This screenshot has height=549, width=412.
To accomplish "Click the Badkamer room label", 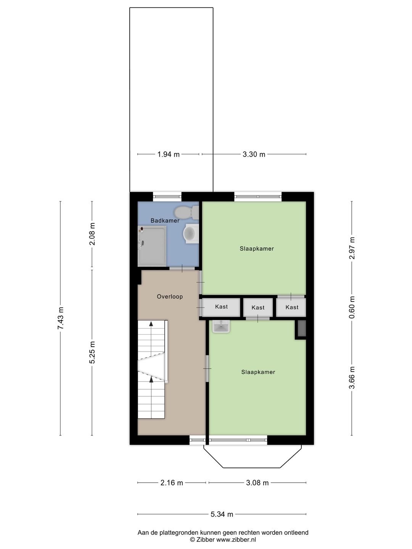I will (165, 220).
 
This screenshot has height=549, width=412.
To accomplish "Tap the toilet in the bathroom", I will (186, 212).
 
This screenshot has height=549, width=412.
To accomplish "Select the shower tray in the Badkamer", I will (152, 246).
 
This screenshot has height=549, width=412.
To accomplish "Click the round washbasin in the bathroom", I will (190, 234).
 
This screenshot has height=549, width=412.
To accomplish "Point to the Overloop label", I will (170, 296).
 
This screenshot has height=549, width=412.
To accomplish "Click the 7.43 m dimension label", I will (60, 318).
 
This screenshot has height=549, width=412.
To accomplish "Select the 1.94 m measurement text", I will (168, 154).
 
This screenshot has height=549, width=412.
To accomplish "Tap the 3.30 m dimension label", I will (254, 154).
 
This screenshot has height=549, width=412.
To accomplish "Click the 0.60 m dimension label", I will (352, 307).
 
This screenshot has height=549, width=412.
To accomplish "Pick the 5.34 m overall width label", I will (222, 514).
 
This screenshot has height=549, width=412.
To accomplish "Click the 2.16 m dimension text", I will (171, 483).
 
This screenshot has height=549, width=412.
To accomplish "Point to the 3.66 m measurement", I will (352, 377).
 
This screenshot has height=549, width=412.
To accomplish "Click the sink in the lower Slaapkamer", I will (221, 326).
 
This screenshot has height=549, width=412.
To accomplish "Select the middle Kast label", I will (258, 307).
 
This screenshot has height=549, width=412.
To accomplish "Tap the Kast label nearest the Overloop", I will (221, 307).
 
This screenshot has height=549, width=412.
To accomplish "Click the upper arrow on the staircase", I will (151, 324).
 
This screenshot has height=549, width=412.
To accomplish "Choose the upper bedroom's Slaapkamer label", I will (257, 249).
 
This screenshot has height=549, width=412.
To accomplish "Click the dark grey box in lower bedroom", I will (301, 329).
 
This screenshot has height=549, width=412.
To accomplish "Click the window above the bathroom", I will (167, 197).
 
